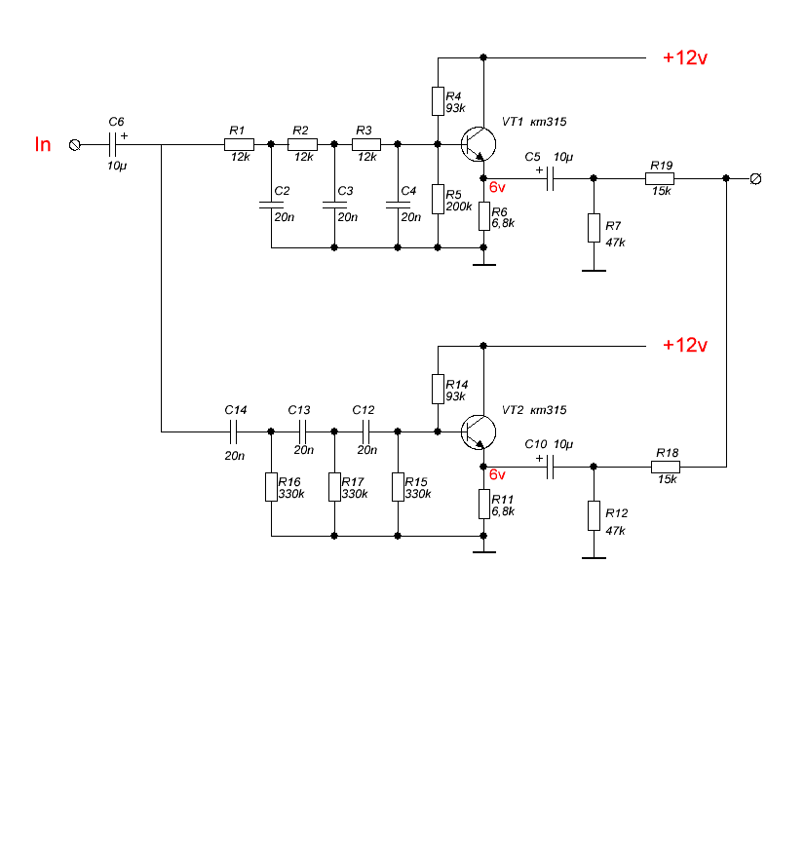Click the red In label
pos(43,144)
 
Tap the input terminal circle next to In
pos(75,145)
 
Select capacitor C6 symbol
pos(113,145)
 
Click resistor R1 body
pos(239,144)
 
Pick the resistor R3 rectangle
pos(366,144)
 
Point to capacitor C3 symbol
pos(334,205)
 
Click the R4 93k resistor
pos(438,101)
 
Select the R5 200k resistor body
pos(438,199)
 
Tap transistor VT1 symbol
pos(478,144)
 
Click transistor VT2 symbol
pos(478,432)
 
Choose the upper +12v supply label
pos(685,57)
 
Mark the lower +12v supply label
pos(685,345)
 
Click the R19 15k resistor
pos(660,178)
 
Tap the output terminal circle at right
pos(756,179)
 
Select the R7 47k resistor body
pos(594,228)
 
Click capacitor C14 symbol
pos(234,432)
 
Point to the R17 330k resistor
pos(334,487)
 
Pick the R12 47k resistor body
pos(594,515)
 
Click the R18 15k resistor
pos(666,467)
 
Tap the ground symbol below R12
pos(594,558)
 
